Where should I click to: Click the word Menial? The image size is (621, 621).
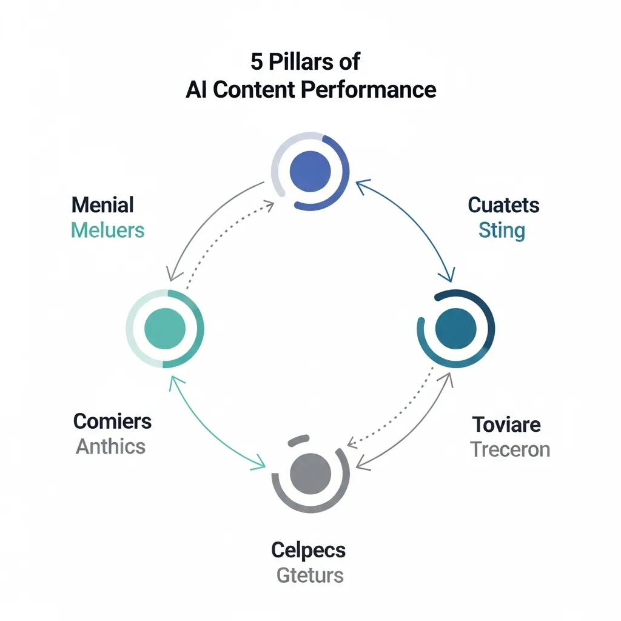102,205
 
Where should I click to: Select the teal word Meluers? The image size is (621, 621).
107,230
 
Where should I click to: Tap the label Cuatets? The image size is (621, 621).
503,205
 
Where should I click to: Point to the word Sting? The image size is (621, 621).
502,230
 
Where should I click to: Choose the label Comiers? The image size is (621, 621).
112,421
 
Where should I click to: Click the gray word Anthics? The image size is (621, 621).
110,446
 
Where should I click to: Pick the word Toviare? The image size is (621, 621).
506,424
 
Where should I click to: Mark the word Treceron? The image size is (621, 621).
510,449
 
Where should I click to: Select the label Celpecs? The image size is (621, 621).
308,550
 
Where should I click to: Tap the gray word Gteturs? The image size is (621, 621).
310,575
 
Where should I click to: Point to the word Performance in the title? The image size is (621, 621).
369,89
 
